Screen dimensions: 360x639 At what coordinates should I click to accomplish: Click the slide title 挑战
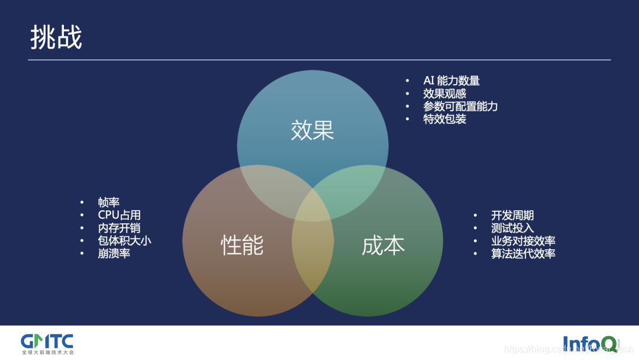coord(56,37)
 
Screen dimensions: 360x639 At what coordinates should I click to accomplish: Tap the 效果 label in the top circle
coord(312,130)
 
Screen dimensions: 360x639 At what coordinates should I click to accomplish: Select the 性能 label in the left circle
coord(242,245)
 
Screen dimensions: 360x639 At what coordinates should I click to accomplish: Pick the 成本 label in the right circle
coord(383,245)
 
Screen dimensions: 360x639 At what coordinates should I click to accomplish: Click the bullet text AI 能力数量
coord(451,81)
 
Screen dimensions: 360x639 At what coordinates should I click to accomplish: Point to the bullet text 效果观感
coord(444,94)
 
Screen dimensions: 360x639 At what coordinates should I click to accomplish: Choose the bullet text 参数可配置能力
coord(460,107)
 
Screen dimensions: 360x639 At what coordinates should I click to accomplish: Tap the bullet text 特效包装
coord(444,119)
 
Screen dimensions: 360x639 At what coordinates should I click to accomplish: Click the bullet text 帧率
coord(109,202)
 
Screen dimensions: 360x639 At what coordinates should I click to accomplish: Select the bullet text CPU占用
coord(119,215)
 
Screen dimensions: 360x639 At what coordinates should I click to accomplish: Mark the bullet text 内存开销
coord(119,228)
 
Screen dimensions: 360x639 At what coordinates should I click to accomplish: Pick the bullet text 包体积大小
coord(124,240)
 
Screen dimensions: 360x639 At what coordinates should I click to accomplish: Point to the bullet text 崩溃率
coord(114,253)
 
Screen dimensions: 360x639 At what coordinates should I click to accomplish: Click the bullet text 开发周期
coord(512,216)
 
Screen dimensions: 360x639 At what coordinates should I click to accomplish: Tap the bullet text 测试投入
coord(512,228)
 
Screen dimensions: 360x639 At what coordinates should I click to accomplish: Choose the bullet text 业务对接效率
coord(522,241)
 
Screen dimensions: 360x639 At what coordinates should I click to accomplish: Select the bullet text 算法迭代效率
coord(522,253)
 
